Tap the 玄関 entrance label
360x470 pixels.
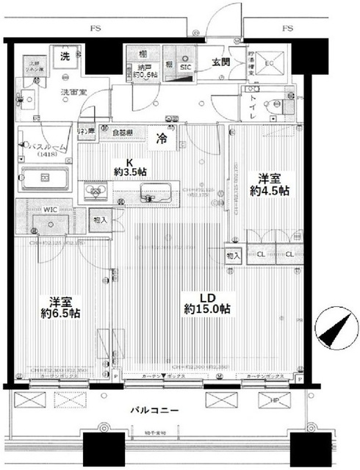[220, 62]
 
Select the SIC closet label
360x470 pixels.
[187, 68]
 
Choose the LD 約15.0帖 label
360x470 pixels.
[206, 303]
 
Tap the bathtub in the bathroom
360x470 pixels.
[44, 179]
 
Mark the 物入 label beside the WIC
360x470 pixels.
[101, 219]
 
